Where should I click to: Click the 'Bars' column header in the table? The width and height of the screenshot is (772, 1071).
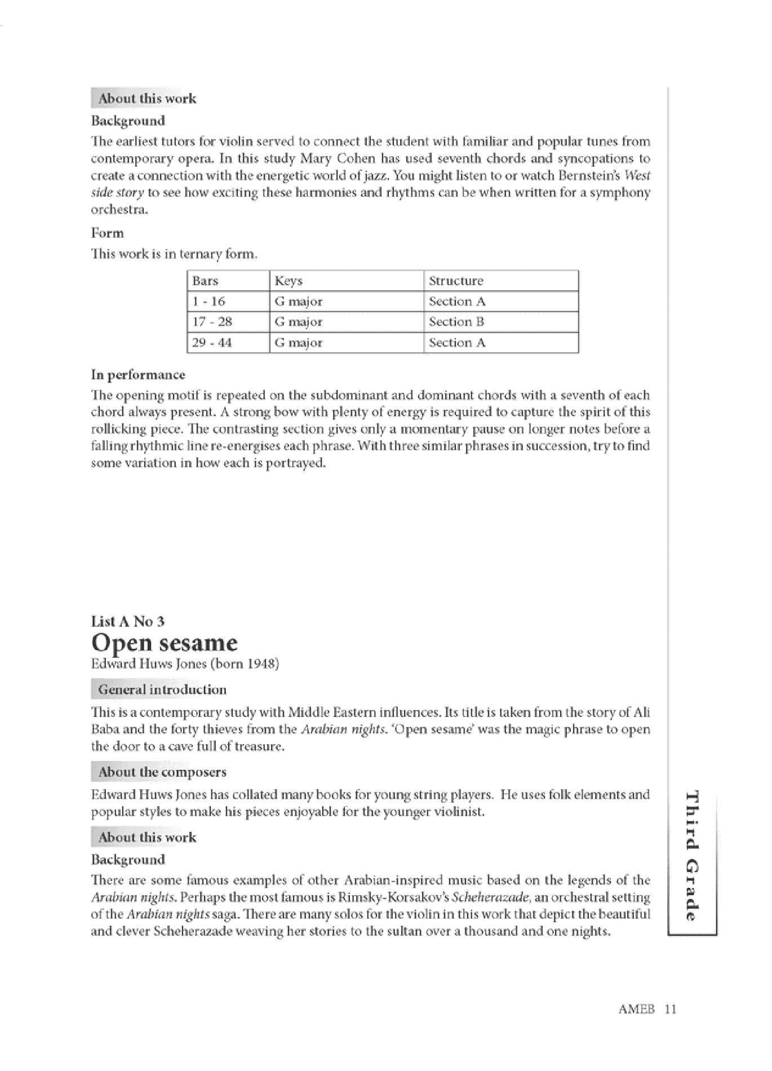205,281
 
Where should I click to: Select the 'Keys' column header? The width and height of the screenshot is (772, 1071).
289,281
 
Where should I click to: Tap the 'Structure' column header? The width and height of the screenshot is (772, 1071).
456,281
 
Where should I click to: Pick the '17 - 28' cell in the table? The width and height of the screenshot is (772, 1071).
212,322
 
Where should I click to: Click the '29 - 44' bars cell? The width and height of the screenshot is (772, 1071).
212,343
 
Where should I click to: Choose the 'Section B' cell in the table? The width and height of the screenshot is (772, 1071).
456,322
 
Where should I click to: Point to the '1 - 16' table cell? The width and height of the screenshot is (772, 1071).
208,302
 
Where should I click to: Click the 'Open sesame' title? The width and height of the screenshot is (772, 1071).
165,643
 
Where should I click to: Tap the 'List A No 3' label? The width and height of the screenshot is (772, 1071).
128,621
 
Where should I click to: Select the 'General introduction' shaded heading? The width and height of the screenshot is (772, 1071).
162,689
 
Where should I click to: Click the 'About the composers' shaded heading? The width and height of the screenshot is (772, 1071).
162,772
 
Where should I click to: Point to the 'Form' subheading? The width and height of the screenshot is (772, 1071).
107,233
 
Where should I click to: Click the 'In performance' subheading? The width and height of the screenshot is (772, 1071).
138,375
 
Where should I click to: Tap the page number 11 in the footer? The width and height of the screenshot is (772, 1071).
670,1009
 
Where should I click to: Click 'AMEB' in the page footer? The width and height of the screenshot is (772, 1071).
636,1009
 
